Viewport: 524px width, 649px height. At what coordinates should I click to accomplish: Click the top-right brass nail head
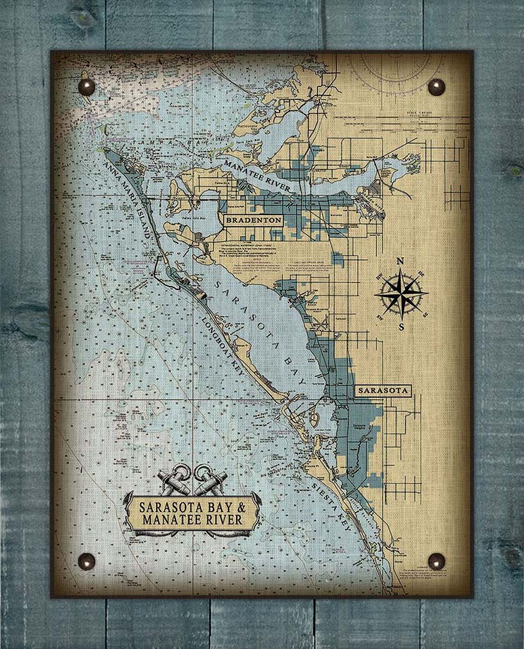(x=436, y=87)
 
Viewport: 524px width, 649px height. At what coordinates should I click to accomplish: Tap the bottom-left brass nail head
(x=86, y=561)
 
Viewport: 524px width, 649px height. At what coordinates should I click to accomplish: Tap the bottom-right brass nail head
(x=436, y=561)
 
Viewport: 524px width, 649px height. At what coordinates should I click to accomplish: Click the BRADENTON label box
(x=252, y=220)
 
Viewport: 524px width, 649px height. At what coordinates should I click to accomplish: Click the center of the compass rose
(x=401, y=294)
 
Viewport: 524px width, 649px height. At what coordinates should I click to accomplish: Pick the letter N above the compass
(x=401, y=261)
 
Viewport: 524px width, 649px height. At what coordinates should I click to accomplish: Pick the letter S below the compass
(x=402, y=327)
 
